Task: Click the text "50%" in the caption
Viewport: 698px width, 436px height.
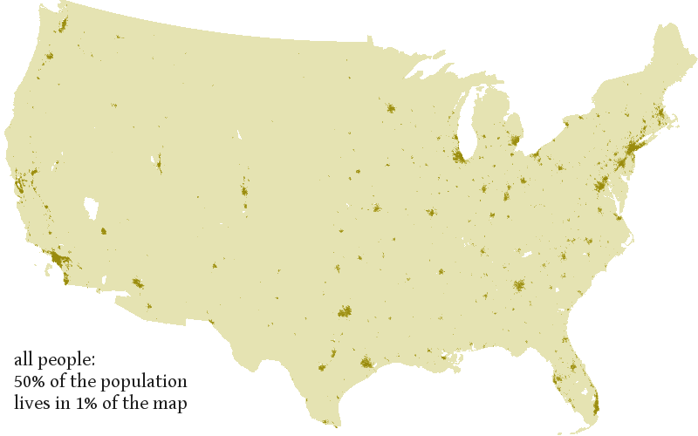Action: tap(28, 382)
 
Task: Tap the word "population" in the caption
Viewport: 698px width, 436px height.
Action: tap(149, 383)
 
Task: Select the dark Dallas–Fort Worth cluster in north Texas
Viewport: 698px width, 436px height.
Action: tap(345, 310)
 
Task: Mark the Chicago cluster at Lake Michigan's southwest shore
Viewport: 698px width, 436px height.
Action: tap(458, 156)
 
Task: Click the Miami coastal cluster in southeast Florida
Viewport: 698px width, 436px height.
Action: tap(595, 403)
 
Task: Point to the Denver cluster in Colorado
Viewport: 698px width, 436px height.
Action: tap(244, 190)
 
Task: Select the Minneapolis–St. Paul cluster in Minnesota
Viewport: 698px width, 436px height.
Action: tap(390, 109)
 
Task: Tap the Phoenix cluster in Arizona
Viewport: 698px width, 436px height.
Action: tap(137, 283)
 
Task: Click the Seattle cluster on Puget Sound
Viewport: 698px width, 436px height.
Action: tap(62, 24)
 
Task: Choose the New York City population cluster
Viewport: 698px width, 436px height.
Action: tap(630, 150)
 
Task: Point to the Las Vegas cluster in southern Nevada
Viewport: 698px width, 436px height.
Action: tap(103, 231)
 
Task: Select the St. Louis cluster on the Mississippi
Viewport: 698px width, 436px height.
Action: tap(430, 212)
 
